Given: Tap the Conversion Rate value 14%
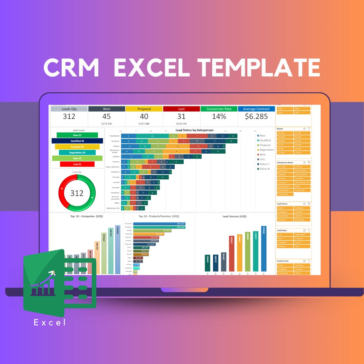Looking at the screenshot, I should coord(219,117).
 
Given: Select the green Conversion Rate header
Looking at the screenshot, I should coord(219,109).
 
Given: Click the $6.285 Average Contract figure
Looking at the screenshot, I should coord(256,117).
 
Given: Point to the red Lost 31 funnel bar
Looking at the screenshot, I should coord(77,164).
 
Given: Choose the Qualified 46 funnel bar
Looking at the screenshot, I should coord(77,141).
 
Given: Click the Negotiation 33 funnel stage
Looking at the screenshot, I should coord(77,153).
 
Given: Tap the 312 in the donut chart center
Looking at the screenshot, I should coord(77,193).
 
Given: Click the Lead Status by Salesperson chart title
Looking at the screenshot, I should coord(194,130).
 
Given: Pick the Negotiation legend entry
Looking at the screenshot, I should coord(267,150).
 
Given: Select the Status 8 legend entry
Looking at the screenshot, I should coord(264,169).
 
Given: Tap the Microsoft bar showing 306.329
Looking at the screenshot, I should coord(159,224).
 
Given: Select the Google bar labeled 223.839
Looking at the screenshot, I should coord(152,231).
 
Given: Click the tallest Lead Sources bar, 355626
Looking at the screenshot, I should coord(264,248).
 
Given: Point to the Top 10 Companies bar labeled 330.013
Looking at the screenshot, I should coord(118,249).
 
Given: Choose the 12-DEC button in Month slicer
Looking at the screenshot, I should coord(302,153).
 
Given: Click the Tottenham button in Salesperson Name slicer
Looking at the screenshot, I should coord(285,194).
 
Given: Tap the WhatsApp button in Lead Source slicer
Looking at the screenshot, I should coord(302,220).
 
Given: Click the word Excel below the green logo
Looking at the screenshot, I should coord(50,323).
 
